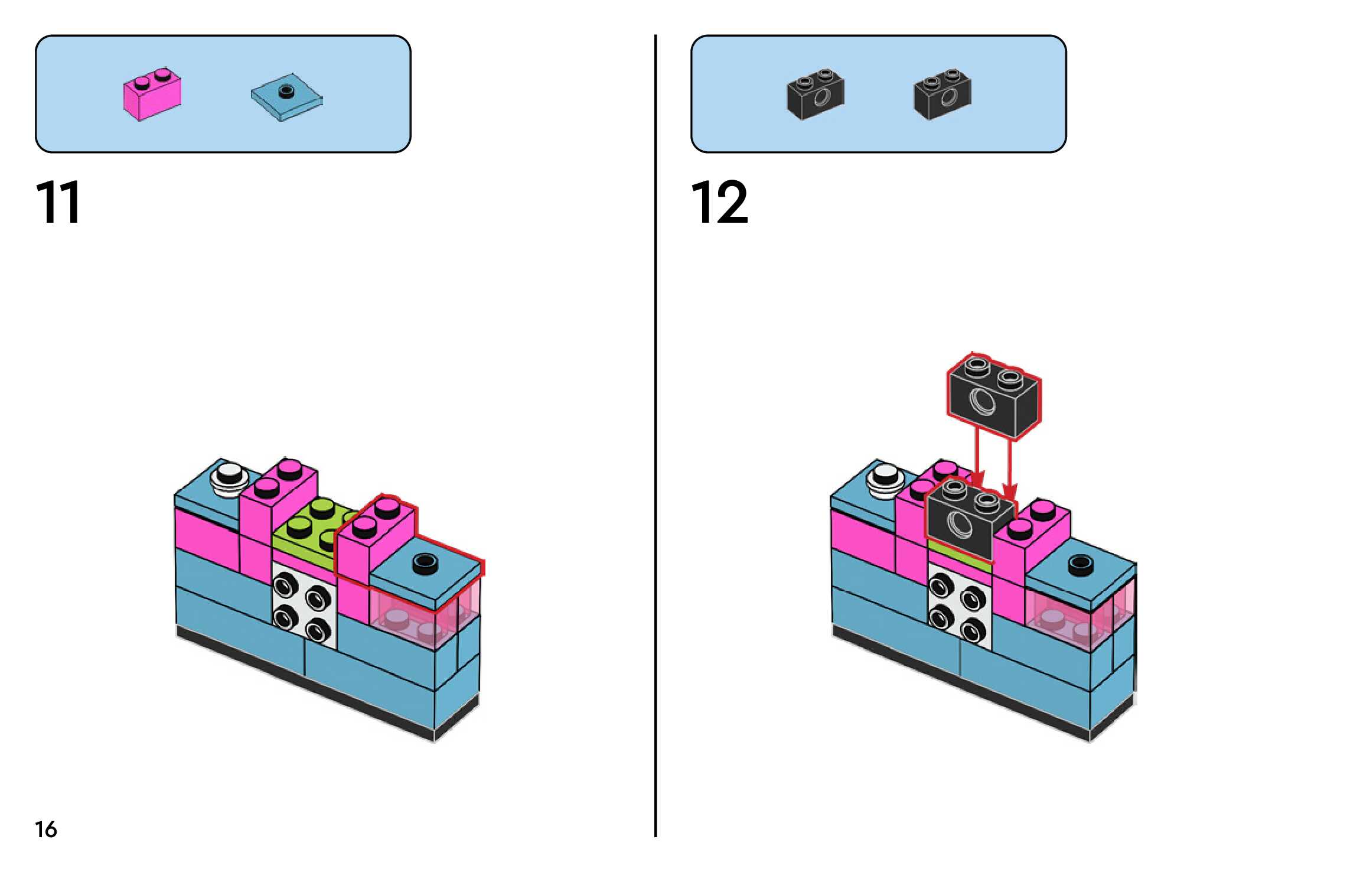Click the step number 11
pyautogui.click(x=58, y=202)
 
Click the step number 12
pyautogui.click(x=719, y=202)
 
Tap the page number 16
pyautogui.click(x=46, y=829)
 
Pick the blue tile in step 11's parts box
pyautogui.click(x=287, y=97)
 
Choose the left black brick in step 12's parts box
pyautogui.click(x=816, y=95)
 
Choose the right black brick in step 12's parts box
pyautogui.click(x=942, y=95)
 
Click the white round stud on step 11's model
pyautogui.click(x=229, y=476)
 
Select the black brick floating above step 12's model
pyautogui.click(x=993, y=396)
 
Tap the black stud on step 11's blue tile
pyautogui.click(x=425, y=562)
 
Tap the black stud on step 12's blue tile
pyautogui.click(x=1080, y=565)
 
